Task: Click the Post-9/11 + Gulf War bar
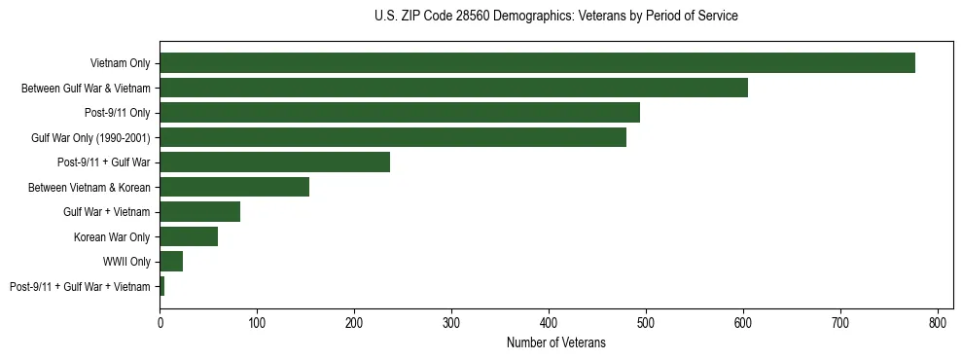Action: click(x=274, y=162)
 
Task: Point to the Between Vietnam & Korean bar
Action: click(x=234, y=187)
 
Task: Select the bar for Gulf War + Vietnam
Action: click(x=199, y=212)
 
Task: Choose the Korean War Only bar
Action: click(x=189, y=236)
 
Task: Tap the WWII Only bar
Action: click(x=171, y=262)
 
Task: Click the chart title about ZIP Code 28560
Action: click(x=555, y=17)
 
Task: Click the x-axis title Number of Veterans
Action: click(x=555, y=342)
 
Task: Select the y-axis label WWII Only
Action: click(x=126, y=262)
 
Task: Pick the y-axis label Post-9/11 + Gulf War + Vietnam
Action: click(x=80, y=286)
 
